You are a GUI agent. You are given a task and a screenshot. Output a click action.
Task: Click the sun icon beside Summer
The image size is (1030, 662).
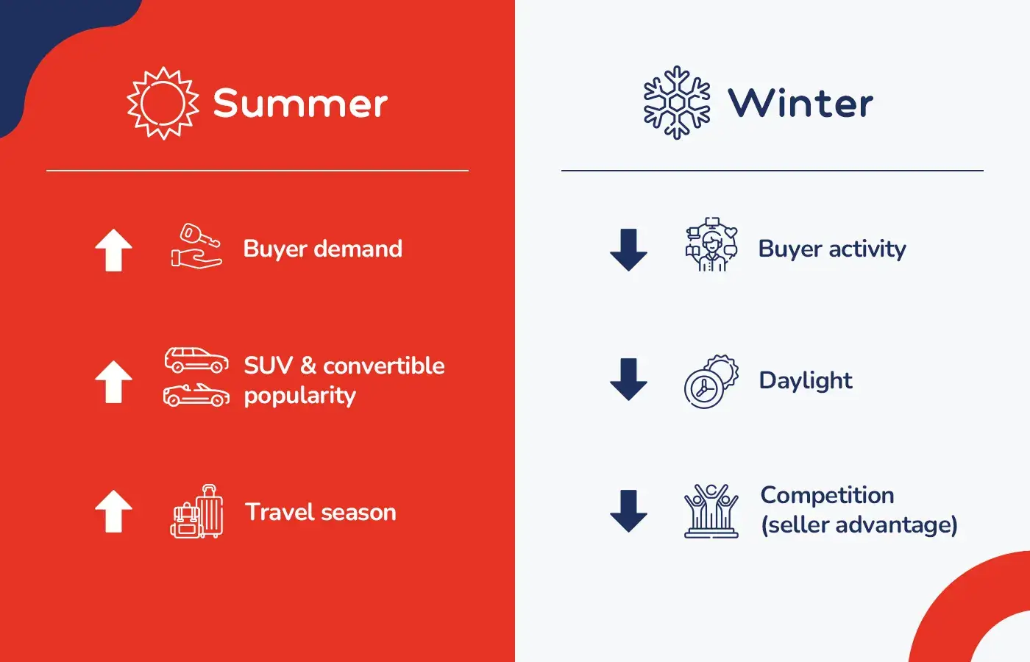(x=163, y=103)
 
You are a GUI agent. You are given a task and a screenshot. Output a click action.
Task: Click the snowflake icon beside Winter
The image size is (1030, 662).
(x=676, y=103)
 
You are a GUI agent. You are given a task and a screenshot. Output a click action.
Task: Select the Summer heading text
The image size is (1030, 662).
(x=300, y=103)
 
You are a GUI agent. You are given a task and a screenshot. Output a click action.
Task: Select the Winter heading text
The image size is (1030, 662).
(x=800, y=103)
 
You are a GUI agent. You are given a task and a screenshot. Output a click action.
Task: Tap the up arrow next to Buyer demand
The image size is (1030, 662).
(x=113, y=250)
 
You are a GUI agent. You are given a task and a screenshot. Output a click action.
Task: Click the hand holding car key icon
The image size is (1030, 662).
(x=196, y=246)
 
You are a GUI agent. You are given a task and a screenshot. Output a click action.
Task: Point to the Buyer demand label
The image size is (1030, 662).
(x=322, y=249)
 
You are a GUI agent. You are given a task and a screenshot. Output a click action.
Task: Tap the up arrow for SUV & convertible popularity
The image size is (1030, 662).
(x=113, y=381)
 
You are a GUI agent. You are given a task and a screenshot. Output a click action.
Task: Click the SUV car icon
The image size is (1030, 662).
(x=196, y=360)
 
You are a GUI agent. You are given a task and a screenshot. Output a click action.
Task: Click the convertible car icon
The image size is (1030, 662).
(x=196, y=395)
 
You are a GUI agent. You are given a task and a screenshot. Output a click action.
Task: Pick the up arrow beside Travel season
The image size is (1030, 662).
(x=113, y=511)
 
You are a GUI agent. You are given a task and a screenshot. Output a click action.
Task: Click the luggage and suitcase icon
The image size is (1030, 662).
(x=196, y=512)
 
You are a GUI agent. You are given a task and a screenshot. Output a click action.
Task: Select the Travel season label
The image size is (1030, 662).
(x=320, y=512)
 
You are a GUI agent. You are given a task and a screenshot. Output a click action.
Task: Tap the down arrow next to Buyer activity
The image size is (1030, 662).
(x=628, y=250)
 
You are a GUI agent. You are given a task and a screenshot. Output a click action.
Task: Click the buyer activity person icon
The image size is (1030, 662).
(x=711, y=245)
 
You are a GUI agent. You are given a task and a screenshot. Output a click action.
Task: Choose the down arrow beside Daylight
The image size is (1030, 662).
(x=628, y=380)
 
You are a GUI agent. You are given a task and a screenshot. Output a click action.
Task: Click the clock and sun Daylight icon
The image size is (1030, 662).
(x=711, y=381)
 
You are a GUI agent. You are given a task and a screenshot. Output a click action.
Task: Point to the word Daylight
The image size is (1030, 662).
(x=806, y=380)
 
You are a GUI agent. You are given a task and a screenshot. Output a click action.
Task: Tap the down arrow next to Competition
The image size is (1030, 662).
(x=628, y=510)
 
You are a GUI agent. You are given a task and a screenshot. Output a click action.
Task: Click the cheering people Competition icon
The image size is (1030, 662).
(x=711, y=511)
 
